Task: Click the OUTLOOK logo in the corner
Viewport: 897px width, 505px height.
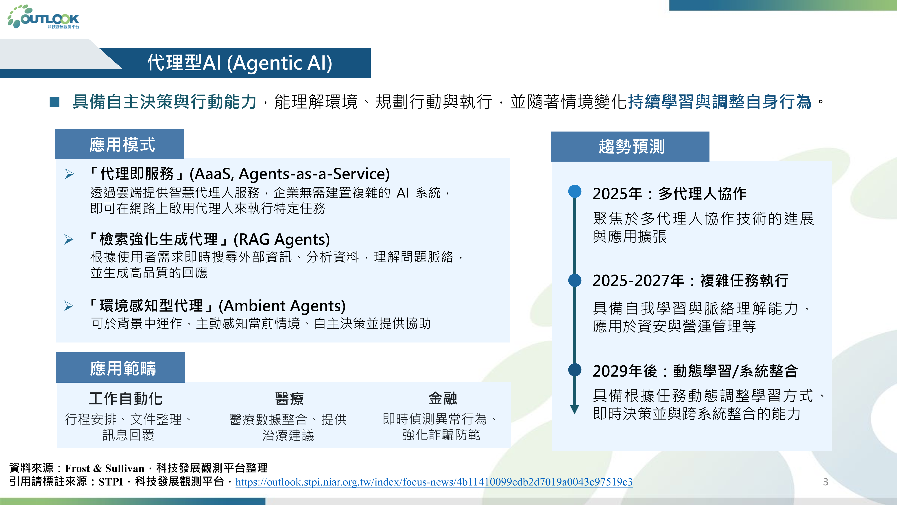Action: [44, 17]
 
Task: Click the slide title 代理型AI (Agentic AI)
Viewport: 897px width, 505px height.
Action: [240, 63]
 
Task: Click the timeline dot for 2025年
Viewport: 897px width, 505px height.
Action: [574, 191]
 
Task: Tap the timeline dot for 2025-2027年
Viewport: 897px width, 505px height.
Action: [574, 280]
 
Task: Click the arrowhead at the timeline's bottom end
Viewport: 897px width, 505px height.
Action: [574, 410]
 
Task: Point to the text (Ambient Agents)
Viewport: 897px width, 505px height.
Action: [282, 306]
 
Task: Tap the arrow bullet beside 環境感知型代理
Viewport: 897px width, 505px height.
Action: [69, 306]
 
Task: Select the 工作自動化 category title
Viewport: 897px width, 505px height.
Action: [126, 398]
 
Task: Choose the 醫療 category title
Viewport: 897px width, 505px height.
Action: [289, 399]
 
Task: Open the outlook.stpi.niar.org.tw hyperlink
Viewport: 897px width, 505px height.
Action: [434, 482]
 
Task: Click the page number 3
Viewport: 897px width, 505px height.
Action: [825, 482]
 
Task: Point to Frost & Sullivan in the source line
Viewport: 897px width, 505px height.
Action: [105, 468]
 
